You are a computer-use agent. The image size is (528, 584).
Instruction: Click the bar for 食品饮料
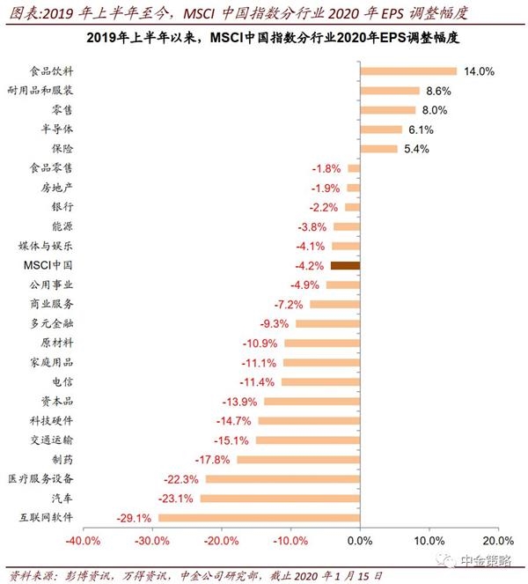[x=408, y=71]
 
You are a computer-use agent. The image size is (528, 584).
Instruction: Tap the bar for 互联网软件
[x=259, y=517]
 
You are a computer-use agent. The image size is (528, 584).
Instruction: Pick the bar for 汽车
[x=280, y=498]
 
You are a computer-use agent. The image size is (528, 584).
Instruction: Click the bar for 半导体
[x=381, y=129]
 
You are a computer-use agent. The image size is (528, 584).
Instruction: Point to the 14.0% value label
[x=478, y=71]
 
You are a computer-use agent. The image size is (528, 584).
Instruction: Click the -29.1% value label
[x=134, y=517]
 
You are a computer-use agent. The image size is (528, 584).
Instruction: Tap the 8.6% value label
[x=438, y=91]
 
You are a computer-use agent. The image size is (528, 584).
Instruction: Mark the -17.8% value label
[x=212, y=459]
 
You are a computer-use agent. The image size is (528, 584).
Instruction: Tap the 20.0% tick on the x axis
[x=497, y=540]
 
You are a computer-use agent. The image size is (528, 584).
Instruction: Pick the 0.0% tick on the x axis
[x=360, y=540]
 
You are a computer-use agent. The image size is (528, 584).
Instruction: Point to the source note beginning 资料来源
[x=194, y=574]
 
